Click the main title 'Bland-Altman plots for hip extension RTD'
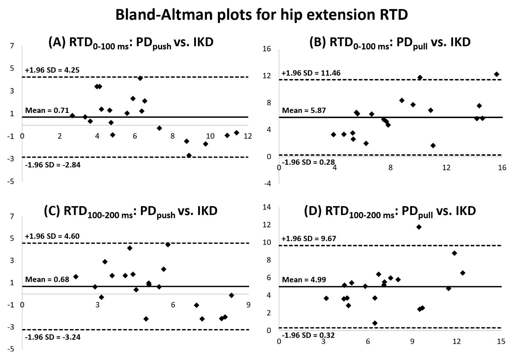pos(261,15)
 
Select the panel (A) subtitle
pos(131,42)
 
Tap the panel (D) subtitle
pos(390,212)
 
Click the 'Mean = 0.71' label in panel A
pos(47,110)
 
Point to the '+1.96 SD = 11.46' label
pos(311,73)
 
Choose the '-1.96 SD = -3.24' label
pos(53,337)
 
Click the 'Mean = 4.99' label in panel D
pos(304,280)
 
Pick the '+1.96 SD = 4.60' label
pos(52,236)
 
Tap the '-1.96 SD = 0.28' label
pos(308,162)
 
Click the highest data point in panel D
pos(419,227)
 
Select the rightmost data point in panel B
pos(496,74)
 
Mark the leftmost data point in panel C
pos(76,277)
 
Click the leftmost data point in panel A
pos(72,116)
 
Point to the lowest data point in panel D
pos(375,323)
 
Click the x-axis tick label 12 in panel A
pos(248,136)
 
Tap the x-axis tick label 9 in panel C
pos(248,305)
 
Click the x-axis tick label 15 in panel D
pos(501,341)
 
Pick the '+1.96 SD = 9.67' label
pos(309,239)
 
